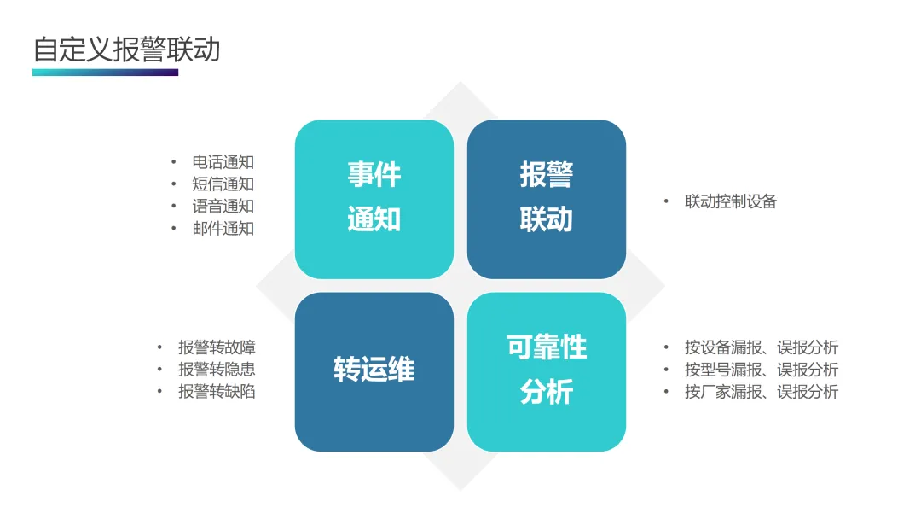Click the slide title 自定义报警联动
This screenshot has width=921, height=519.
(x=126, y=49)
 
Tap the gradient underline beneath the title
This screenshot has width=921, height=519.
(x=105, y=73)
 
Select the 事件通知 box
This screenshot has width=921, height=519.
(x=374, y=198)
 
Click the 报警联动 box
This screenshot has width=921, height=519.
(x=546, y=198)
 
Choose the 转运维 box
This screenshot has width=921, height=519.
(x=374, y=371)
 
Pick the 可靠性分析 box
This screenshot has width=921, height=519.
(x=546, y=371)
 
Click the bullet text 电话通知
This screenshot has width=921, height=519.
(x=223, y=162)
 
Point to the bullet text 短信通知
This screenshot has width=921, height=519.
(x=223, y=184)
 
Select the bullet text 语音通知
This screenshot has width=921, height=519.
(x=223, y=207)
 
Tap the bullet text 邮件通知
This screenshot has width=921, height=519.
(x=223, y=229)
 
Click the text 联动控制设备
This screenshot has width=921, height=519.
(x=731, y=201)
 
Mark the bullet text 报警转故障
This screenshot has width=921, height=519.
(x=217, y=347)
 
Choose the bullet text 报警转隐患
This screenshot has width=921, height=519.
(x=217, y=370)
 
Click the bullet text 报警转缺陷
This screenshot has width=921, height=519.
(x=217, y=392)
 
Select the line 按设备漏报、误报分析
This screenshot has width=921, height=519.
(x=761, y=347)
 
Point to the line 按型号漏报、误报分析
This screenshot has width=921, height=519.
(x=761, y=370)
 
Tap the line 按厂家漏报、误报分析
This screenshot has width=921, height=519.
(x=761, y=392)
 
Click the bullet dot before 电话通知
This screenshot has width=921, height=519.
(x=174, y=162)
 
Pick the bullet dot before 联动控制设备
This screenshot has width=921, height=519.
(x=667, y=201)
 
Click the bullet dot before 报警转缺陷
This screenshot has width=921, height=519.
(x=159, y=392)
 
